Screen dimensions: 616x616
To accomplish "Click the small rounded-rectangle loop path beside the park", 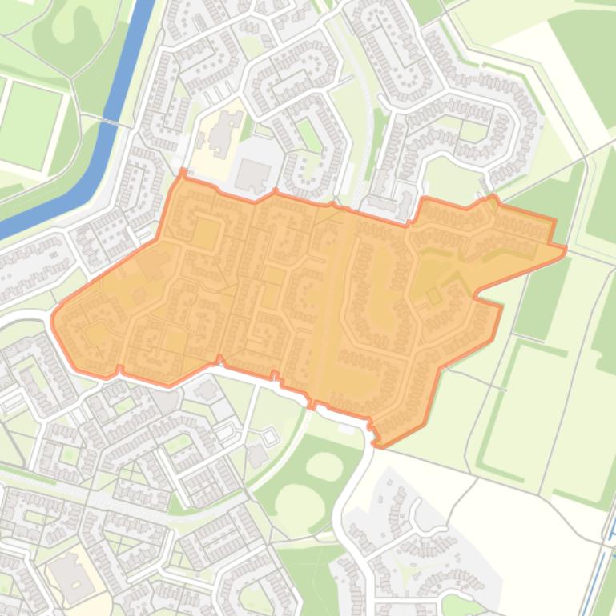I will (268, 437).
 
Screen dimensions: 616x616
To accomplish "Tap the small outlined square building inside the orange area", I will (433, 296).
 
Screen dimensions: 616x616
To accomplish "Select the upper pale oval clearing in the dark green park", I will (324, 465).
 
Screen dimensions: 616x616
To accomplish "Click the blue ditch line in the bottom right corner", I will (602, 552).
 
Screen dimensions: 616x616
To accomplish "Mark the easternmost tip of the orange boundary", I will (566, 250).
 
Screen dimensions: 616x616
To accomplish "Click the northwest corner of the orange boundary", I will (183, 171).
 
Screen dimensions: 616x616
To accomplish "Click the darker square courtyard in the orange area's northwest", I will (206, 234).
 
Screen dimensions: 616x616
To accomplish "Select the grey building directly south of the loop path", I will (257, 456).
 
